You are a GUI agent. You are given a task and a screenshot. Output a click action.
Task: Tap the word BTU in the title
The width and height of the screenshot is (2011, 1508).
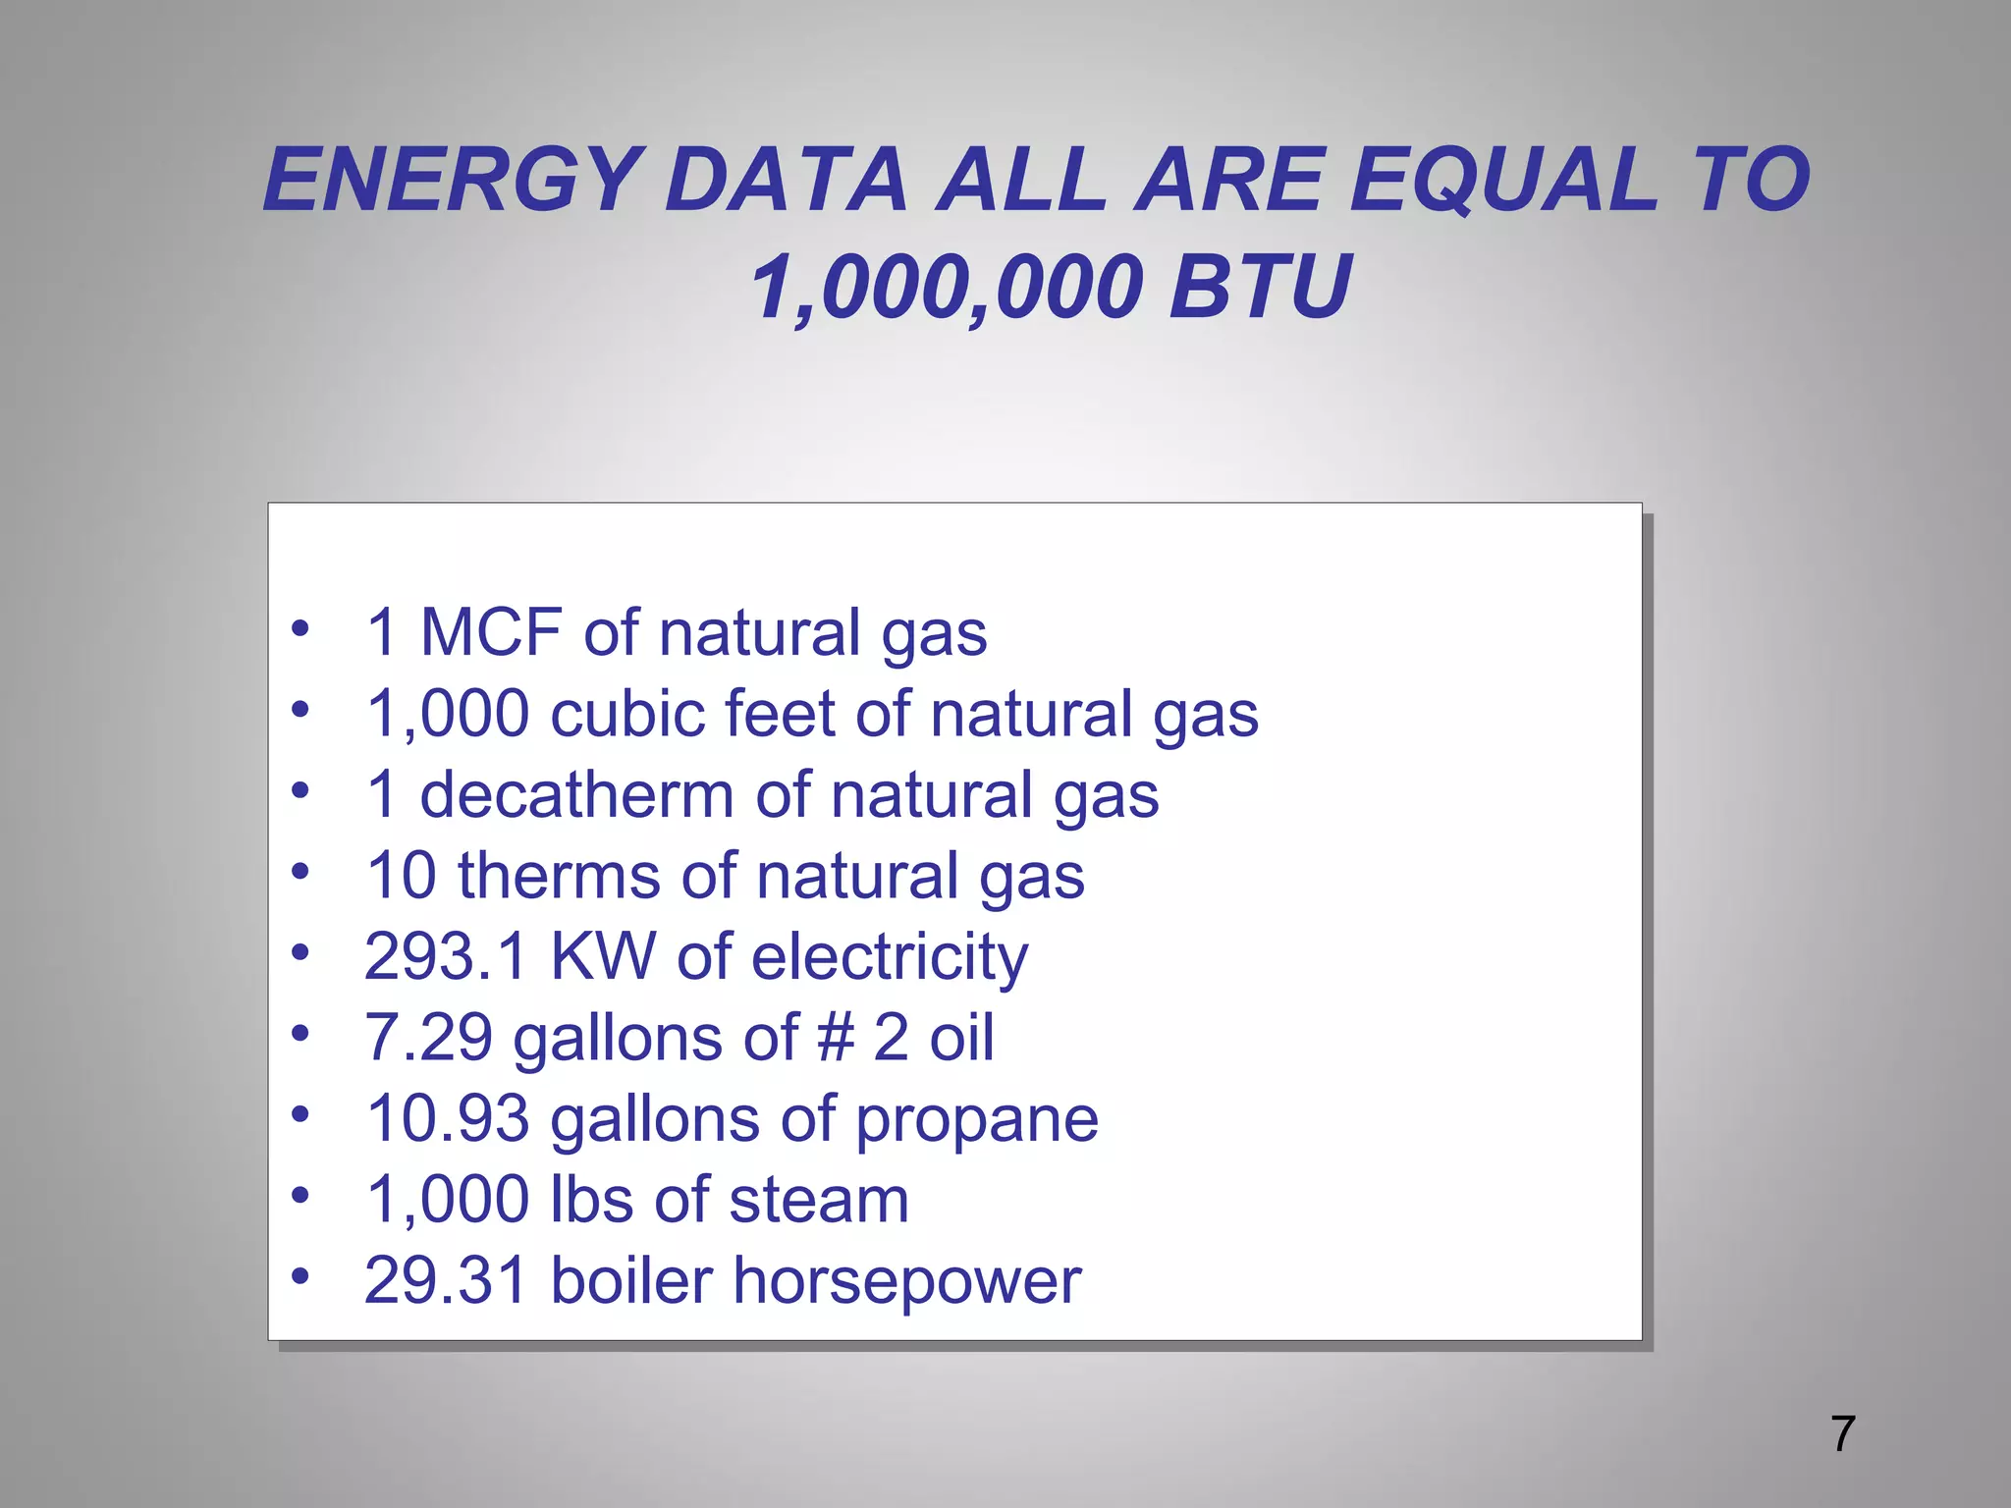1261,288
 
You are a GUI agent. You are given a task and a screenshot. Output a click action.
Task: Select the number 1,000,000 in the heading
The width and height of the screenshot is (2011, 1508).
946,288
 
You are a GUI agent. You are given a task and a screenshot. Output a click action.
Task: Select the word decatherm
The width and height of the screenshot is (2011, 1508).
576,794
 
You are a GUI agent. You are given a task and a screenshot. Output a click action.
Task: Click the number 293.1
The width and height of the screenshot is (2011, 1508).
445,956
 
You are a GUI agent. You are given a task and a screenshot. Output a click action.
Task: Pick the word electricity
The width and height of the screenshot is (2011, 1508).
890,958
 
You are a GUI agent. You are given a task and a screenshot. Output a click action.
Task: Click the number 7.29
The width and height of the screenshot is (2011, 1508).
428,1038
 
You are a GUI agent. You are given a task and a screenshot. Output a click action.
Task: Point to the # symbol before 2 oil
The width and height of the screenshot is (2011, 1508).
836,1038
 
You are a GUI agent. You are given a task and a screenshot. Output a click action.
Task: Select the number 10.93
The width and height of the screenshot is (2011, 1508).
447,1119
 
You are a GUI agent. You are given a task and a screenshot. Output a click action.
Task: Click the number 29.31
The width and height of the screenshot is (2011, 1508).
445,1281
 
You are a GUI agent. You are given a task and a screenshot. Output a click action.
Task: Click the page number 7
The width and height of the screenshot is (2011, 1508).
1843,1434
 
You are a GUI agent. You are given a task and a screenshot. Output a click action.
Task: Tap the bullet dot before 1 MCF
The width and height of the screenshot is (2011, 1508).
300,627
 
